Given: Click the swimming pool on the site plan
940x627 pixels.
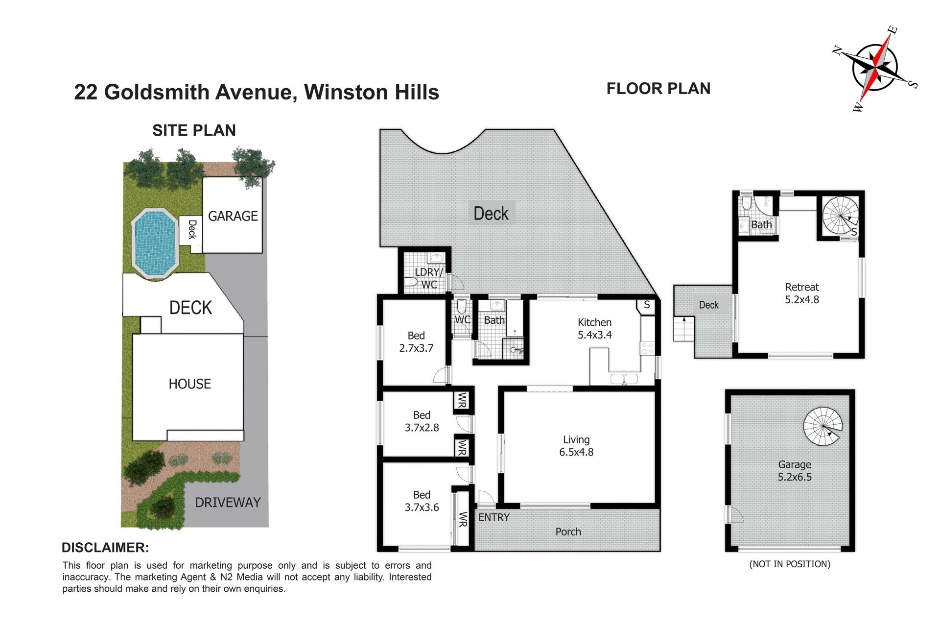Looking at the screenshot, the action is coord(154,243).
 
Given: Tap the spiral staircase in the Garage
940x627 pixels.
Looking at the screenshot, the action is coord(823,426).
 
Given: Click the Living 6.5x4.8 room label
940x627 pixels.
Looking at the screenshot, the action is coord(576,446).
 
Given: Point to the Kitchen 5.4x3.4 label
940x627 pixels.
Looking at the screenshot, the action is coord(594,329).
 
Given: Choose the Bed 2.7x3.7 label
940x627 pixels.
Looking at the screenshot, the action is coord(416,342).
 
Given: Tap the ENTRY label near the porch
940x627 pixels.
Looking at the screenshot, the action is coord(493,517).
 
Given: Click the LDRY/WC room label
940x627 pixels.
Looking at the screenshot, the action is coord(429,278).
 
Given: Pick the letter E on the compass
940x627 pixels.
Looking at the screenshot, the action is coord(893,30).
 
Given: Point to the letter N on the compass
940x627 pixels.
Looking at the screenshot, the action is coord(838,50).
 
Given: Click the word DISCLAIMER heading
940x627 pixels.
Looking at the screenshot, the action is coord(105,548).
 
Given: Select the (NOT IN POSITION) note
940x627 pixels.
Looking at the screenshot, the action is coord(790,564).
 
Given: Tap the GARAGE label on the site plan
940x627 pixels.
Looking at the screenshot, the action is coord(233,216).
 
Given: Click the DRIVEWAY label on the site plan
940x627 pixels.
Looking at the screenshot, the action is coord(228,503).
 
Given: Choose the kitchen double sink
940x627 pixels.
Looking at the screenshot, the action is coord(624,379).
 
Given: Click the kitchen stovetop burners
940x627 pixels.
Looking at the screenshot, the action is coord(647,348).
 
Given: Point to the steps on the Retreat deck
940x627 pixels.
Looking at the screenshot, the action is coord(684,329).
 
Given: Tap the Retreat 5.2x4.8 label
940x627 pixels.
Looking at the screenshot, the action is coord(802,293).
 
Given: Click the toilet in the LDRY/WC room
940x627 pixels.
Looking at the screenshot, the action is coord(410,282).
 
